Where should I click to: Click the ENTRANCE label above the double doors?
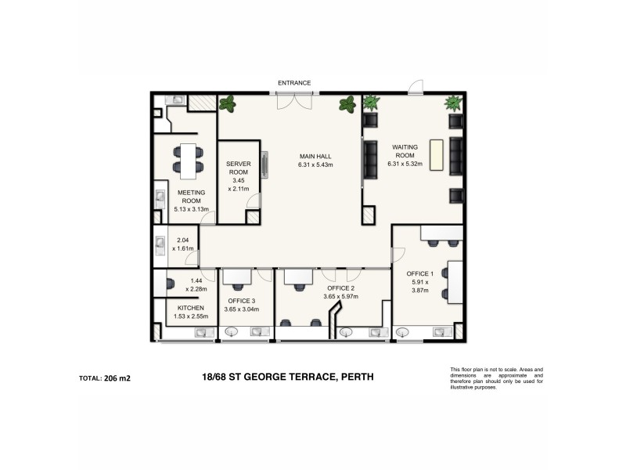(294, 82)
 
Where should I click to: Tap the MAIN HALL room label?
(315, 161)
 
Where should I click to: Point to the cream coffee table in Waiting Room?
(435, 155)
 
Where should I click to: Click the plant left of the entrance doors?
(228, 103)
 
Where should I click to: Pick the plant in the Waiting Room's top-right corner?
(452, 103)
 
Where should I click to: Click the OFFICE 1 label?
(420, 273)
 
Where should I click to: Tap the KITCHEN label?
(190, 308)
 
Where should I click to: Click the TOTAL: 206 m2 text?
(105, 378)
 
